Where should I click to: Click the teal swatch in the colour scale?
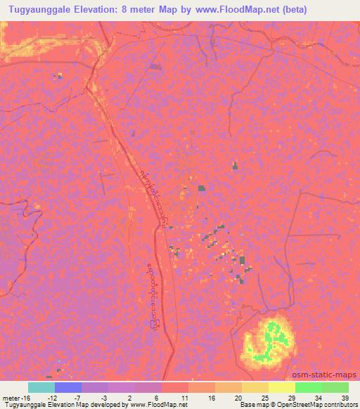(x=41, y=387)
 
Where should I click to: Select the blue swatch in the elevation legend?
(x=68, y=387)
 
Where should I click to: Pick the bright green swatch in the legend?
(x=308, y=387)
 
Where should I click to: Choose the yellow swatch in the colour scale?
(x=281, y=387)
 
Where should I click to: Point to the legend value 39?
(x=345, y=397)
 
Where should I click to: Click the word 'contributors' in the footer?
(x=340, y=405)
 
